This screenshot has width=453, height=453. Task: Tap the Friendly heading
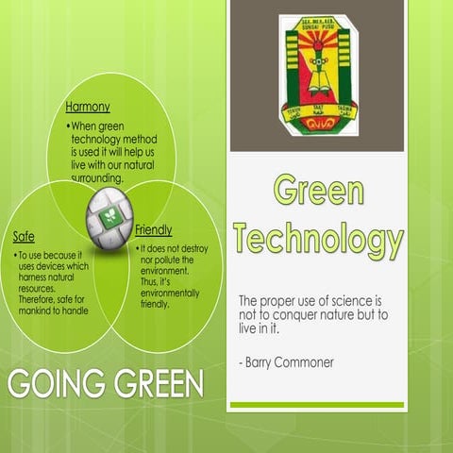(x=154, y=229)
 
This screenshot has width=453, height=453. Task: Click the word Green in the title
(x=318, y=191)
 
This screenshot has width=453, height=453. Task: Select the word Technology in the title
(x=318, y=239)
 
